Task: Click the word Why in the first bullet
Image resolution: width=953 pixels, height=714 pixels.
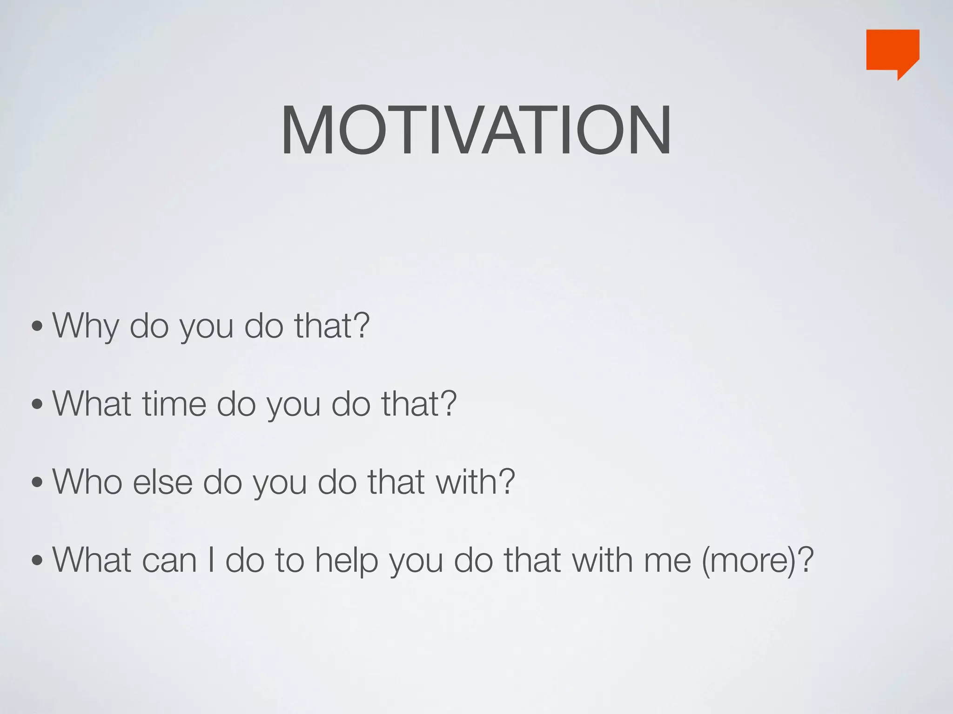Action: (86, 326)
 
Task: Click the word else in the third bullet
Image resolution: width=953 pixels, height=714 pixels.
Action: (162, 482)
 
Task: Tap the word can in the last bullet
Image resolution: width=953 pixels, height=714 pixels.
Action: (169, 560)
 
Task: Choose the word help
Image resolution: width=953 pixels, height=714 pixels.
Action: (346, 560)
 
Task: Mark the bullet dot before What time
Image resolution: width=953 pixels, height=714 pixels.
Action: (37, 405)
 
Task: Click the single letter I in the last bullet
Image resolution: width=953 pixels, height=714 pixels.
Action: (211, 560)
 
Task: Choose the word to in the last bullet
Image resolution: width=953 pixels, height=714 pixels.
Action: (289, 560)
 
